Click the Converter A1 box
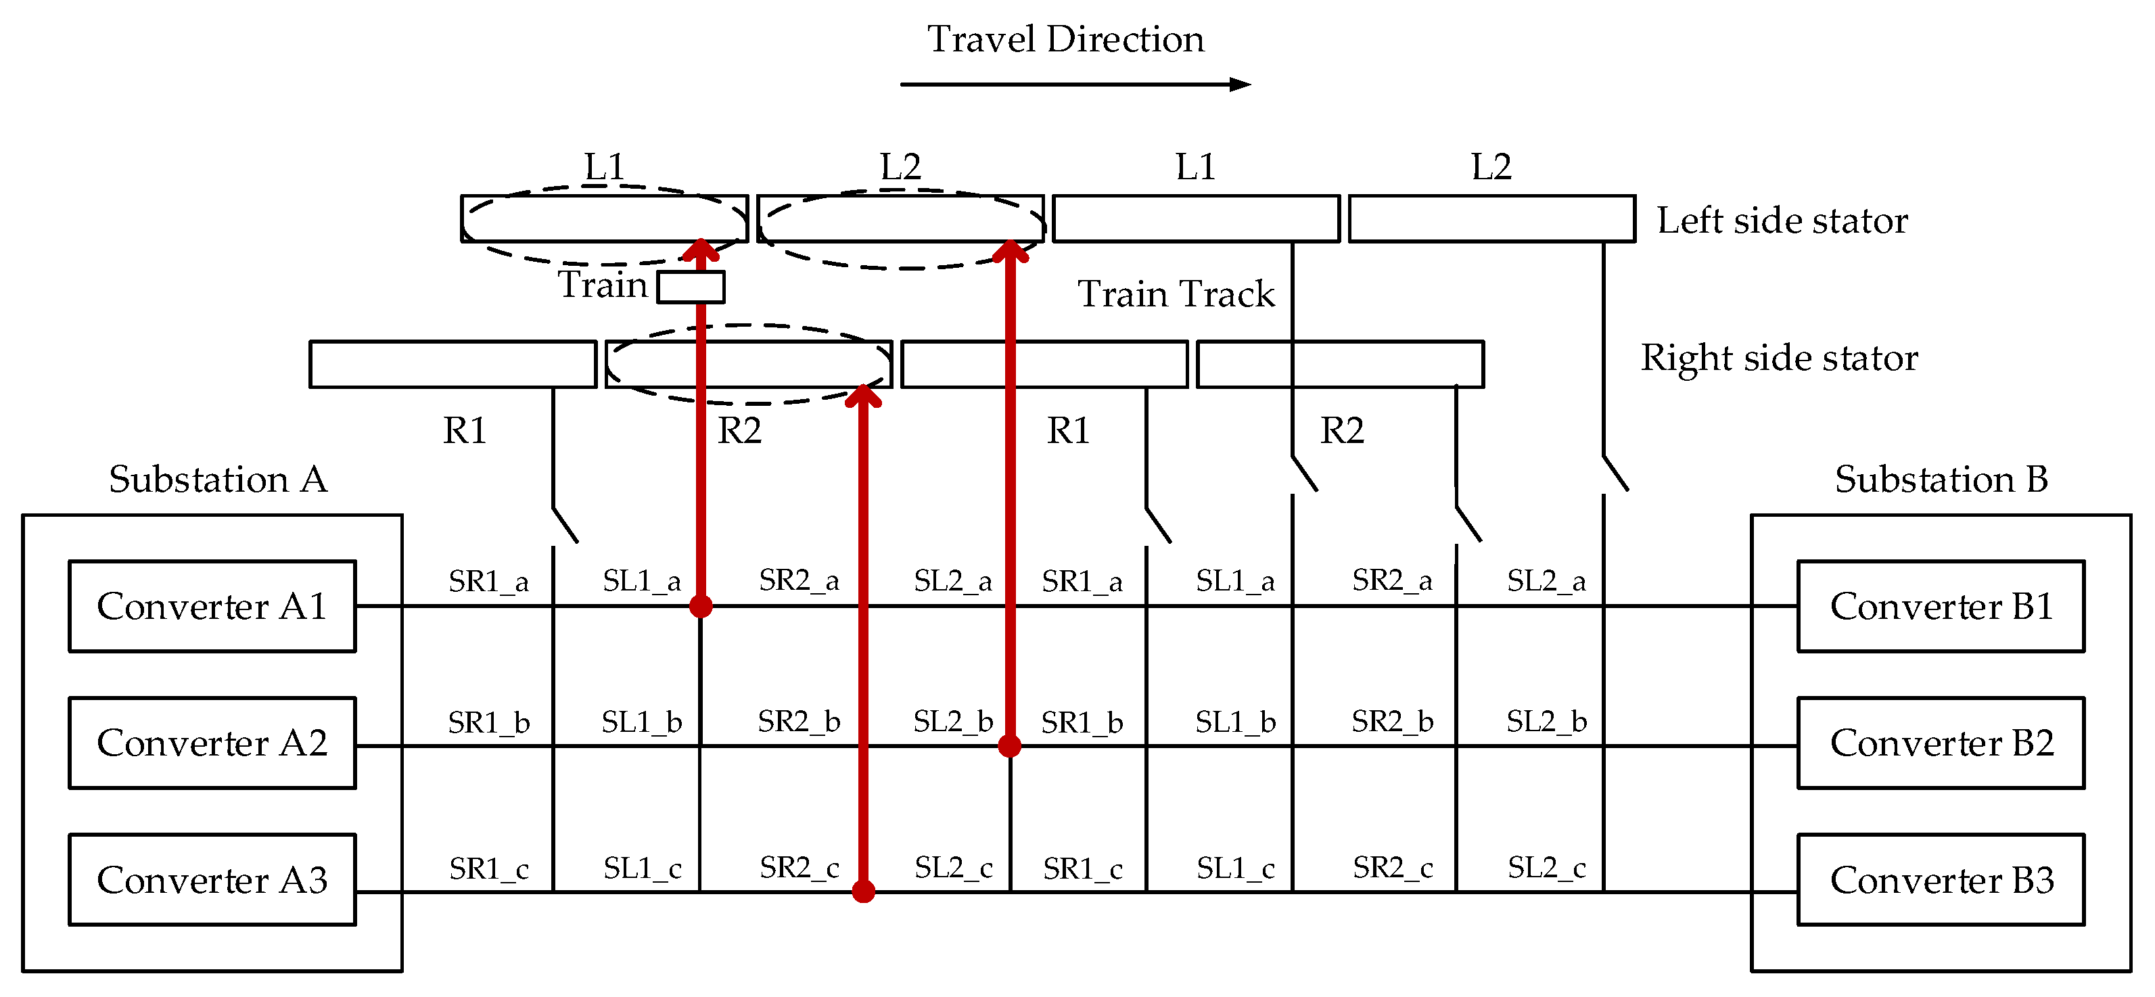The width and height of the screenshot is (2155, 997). (212, 607)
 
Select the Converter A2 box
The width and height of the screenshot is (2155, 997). (212, 743)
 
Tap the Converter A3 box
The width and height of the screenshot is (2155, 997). (212, 880)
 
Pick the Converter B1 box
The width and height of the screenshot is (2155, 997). (1941, 607)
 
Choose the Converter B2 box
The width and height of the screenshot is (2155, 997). (1941, 743)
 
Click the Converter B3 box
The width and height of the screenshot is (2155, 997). (1941, 880)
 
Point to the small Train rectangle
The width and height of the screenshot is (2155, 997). (691, 287)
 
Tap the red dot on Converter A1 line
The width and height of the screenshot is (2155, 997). (701, 607)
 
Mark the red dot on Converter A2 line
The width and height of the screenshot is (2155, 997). (1010, 745)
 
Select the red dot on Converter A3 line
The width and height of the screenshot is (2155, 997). (863, 891)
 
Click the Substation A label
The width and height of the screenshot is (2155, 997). (218, 480)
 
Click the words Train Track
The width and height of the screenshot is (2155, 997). (1176, 294)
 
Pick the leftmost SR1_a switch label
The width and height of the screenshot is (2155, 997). (488, 581)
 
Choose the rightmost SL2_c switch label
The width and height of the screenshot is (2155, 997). (1546, 868)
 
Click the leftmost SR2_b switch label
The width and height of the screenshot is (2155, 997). (799, 721)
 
